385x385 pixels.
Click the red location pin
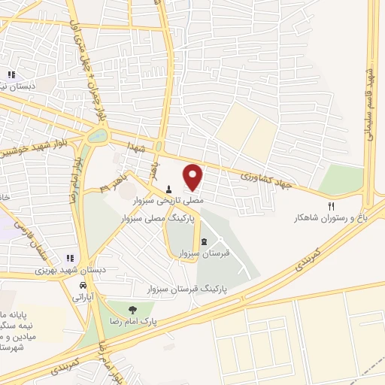tap(193, 177)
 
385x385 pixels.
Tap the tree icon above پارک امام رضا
tap(132, 309)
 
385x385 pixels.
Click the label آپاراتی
tap(83, 298)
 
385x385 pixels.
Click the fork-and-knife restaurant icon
tap(332, 206)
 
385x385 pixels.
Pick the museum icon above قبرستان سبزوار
tap(205, 241)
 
